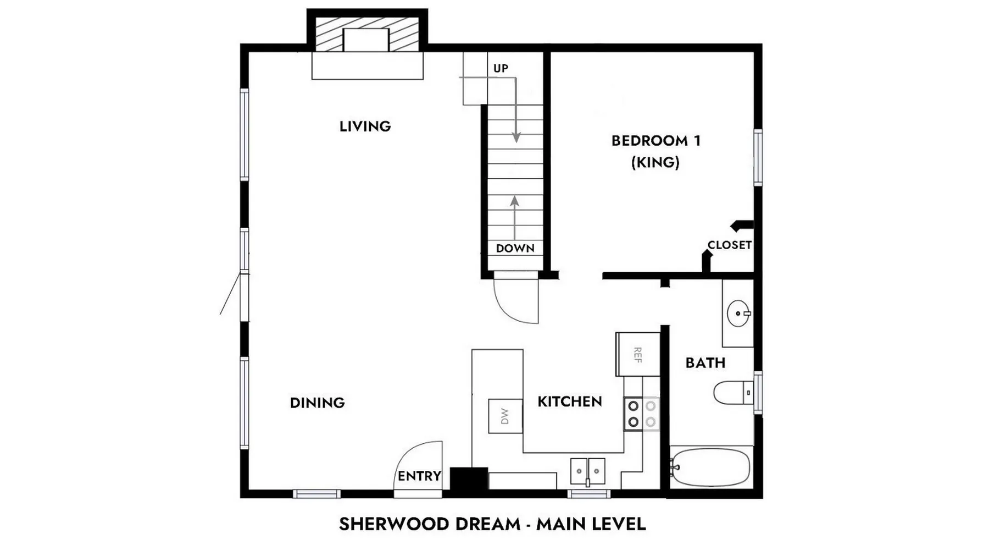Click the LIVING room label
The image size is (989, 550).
[x=365, y=127]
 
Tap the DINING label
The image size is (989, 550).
[x=317, y=403]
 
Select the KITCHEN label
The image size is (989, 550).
[x=569, y=402]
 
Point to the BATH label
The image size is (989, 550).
[x=705, y=363]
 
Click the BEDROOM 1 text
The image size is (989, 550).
[x=656, y=141]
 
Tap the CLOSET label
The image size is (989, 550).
[x=729, y=245]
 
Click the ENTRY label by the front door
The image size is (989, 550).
[x=419, y=476]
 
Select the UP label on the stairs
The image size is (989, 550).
[x=501, y=68]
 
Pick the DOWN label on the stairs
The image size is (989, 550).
[x=515, y=248]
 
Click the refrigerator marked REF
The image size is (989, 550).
[x=637, y=354]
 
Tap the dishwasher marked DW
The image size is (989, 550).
[x=505, y=416]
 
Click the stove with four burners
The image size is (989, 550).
[x=642, y=414]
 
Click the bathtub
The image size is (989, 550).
[x=710, y=467]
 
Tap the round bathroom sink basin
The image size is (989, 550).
[x=738, y=313]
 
